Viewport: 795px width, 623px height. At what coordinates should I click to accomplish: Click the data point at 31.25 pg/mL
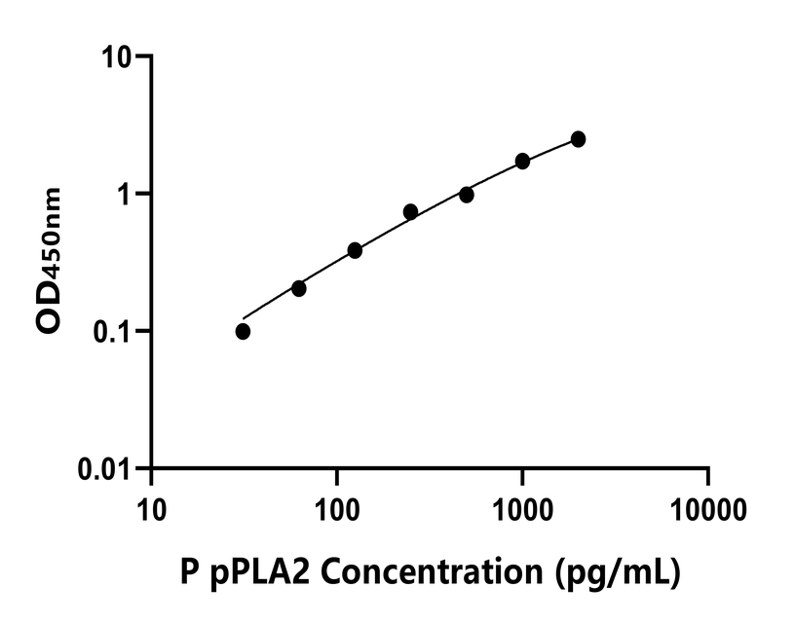243,331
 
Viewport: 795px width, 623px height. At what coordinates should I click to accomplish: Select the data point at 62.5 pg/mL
299,288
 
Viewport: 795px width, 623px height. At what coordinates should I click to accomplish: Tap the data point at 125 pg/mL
355,250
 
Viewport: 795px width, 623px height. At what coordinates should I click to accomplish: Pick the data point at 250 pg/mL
410,211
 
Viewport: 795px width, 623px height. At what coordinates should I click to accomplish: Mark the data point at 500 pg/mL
467,195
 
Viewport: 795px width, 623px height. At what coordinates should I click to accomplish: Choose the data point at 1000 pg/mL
522,161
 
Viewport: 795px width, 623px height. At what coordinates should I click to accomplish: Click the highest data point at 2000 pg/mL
578,139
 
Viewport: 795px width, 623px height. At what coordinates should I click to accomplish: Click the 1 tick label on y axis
125,194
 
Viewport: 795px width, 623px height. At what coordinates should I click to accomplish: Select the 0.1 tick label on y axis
111,332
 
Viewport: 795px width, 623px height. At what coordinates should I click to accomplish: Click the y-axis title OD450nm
50,261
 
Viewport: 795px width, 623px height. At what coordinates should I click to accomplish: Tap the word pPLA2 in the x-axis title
258,572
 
